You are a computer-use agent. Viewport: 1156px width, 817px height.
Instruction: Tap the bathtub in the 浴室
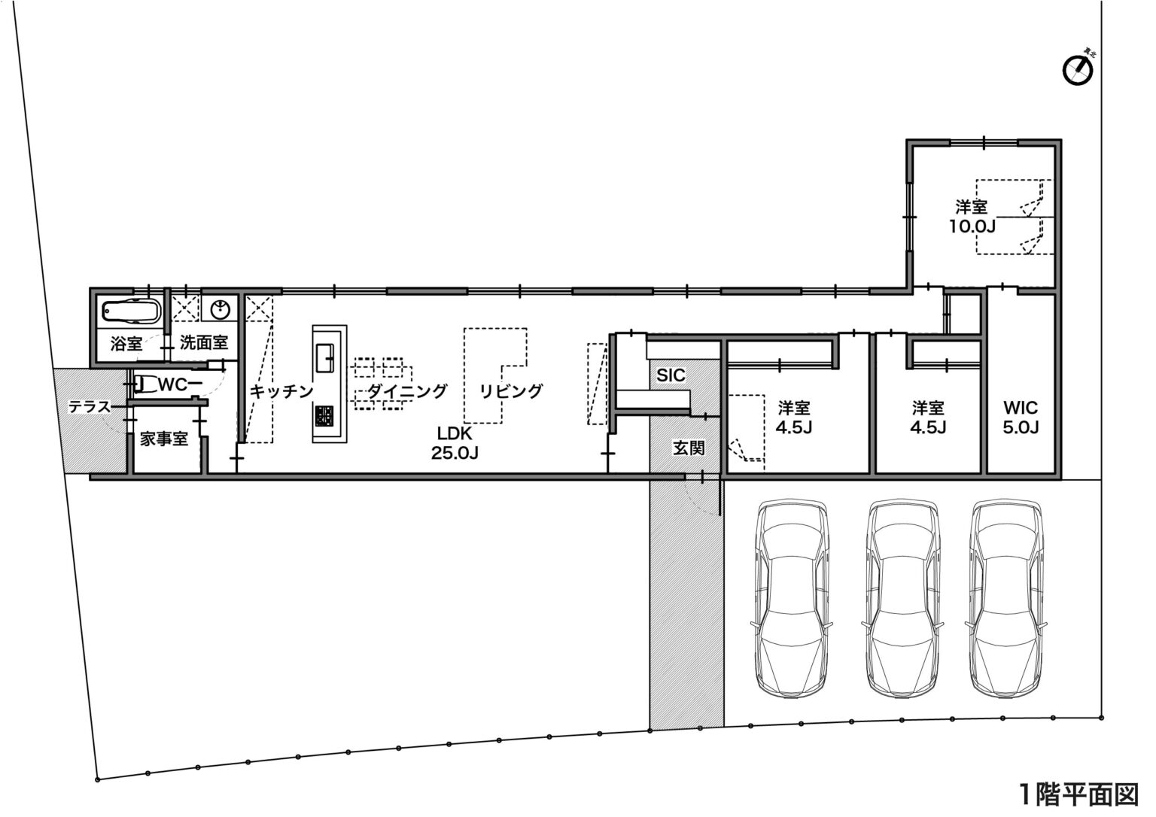tap(131, 311)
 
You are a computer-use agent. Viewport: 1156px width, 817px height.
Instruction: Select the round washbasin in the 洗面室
tap(221, 309)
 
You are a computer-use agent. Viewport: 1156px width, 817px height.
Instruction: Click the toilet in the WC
tap(144, 384)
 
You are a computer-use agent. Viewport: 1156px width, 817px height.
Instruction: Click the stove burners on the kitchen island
tap(325, 416)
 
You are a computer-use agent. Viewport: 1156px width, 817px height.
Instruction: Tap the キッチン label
tap(281, 391)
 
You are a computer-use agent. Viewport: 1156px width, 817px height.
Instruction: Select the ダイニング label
tap(406, 391)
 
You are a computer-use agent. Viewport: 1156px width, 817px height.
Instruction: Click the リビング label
tap(511, 391)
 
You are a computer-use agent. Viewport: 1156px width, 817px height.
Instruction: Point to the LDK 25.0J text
tap(454, 442)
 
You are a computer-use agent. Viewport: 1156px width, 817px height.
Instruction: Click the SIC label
tap(671, 375)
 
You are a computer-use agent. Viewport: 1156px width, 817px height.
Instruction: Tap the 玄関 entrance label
tap(689, 448)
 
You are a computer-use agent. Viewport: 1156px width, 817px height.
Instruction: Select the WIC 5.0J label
tap(1021, 418)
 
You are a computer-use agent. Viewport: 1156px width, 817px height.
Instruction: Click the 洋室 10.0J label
tap(972, 217)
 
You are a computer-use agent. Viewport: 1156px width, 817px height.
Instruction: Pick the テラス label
tap(90, 407)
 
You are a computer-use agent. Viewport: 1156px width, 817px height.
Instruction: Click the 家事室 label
tap(164, 439)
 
